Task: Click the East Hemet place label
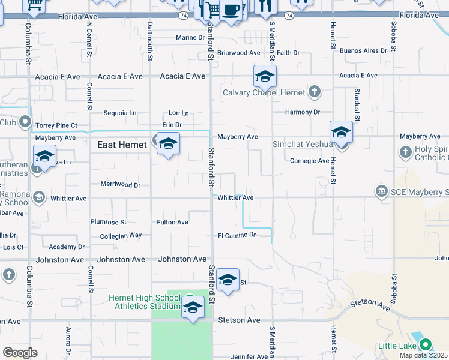click(x=122, y=145)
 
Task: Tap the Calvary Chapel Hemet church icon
click(x=314, y=92)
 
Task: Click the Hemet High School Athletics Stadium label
click(x=144, y=302)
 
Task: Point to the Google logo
click(x=20, y=352)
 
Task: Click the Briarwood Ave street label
click(x=238, y=53)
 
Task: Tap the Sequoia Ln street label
click(x=120, y=113)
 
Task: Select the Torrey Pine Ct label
click(x=56, y=125)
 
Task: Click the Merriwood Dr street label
click(x=120, y=185)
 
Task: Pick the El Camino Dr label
click(x=237, y=235)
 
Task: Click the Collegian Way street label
click(x=120, y=236)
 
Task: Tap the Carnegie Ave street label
click(x=309, y=161)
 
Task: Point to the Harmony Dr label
click(x=303, y=112)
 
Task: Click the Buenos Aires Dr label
click(x=363, y=51)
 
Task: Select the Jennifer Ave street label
click(x=249, y=356)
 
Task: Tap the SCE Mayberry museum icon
click(x=381, y=191)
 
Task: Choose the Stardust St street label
click(x=357, y=104)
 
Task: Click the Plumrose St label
click(x=108, y=222)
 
